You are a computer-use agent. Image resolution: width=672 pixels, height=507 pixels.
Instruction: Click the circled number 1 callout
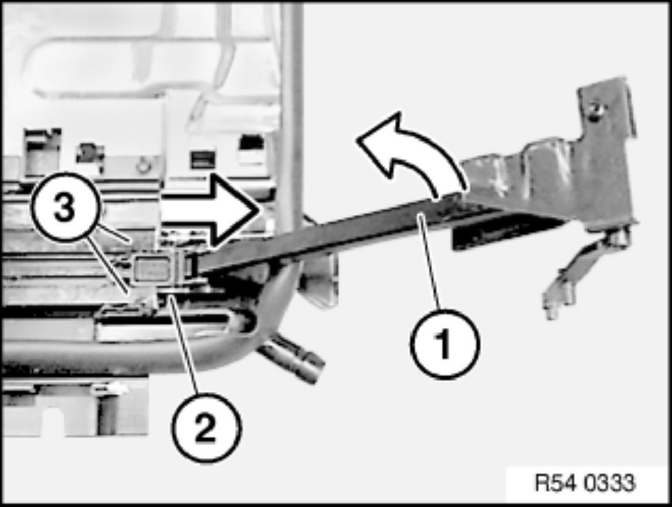click(x=445, y=344)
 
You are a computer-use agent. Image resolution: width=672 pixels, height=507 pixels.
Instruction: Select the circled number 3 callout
click(x=65, y=207)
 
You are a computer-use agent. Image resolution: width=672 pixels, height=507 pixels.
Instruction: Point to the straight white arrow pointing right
click(x=210, y=211)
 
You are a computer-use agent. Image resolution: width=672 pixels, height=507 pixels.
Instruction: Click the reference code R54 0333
click(x=585, y=484)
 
